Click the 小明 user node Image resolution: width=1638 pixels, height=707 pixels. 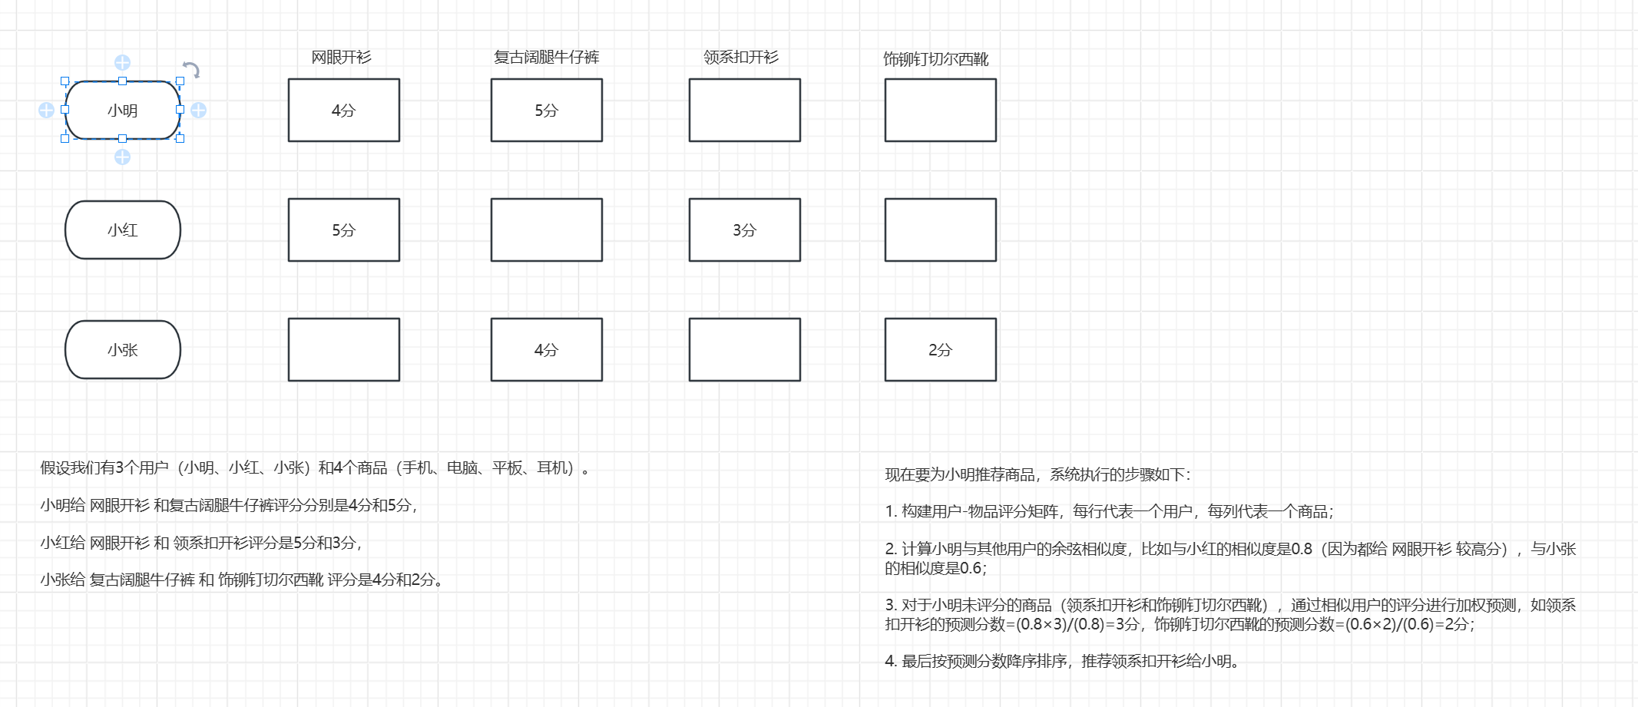click(x=123, y=111)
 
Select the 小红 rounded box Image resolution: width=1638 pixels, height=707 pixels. click(x=123, y=230)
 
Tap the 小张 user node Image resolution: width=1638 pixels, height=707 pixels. click(x=123, y=350)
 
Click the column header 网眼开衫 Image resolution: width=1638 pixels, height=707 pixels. click(x=342, y=58)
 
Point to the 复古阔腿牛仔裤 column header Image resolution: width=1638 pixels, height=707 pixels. click(x=546, y=58)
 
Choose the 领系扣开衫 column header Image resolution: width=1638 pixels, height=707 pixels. click(x=741, y=58)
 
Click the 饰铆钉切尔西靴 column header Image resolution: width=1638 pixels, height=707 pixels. click(x=935, y=59)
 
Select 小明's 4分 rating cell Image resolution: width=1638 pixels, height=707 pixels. click(x=344, y=111)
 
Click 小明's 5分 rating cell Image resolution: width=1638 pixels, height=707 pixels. click(x=547, y=111)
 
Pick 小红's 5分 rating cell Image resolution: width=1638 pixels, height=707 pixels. click(x=344, y=230)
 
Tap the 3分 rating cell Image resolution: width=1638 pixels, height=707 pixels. click(x=745, y=230)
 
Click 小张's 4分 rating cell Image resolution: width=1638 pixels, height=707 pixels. click(x=547, y=350)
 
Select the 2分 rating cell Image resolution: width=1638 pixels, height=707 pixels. click(x=941, y=350)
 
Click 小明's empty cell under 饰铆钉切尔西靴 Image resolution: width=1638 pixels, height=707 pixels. click(x=941, y=111)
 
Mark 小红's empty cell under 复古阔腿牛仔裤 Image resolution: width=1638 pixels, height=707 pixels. click(x=547, y=230)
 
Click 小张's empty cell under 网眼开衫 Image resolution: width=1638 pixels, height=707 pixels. click(x=344, y=350)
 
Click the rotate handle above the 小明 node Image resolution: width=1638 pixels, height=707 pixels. click(x=191, y=70)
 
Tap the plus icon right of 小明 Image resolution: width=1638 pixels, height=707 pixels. click(x=199, y=111)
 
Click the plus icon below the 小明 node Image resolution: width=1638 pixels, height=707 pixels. click(x=122, y=157)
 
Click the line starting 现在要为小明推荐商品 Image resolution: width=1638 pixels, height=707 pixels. click(x=1037, y=474)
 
